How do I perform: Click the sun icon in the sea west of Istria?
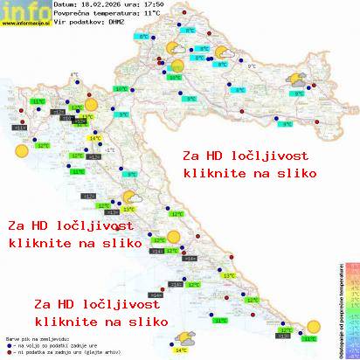click(x=19, y=150)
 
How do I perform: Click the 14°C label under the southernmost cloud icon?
click(x=180, y=350)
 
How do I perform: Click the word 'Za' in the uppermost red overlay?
click(x=190, y=156)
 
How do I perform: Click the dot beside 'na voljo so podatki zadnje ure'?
click(x=8, y=342)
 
